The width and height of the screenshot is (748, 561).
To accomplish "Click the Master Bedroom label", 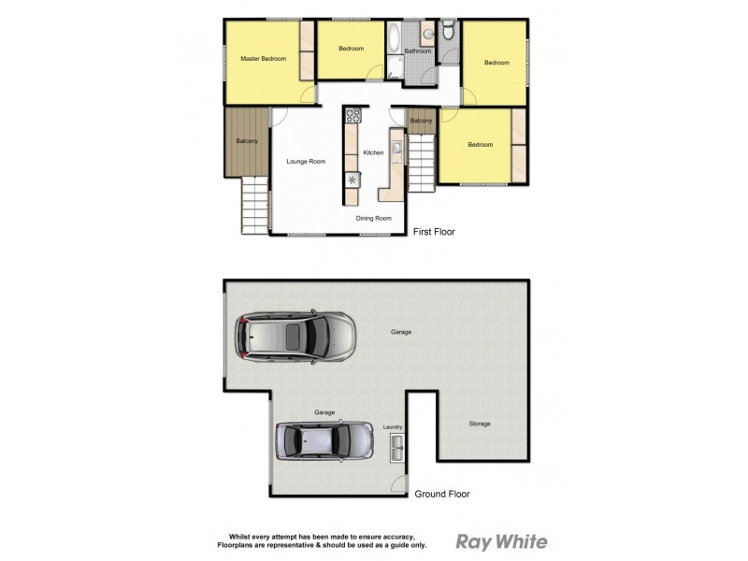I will [263, 59].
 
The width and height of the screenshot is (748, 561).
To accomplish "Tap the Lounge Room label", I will [306, 162].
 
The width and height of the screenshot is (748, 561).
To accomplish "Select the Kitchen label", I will [373, 152].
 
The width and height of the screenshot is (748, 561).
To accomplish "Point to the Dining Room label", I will [374, 218].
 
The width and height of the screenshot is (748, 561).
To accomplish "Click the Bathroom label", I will [418, 51].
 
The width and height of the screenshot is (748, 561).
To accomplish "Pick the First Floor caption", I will [434, 231].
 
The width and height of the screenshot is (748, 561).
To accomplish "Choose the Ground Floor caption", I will [442, 494].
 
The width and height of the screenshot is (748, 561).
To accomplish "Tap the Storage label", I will [480, 424].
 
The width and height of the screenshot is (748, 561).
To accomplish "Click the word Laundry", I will [393, 427].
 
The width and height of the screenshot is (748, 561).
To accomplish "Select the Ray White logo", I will [501, 541].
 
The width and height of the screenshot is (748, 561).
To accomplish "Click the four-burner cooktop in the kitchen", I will [353, 117].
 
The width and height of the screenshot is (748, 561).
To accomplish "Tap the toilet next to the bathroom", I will [449, 33].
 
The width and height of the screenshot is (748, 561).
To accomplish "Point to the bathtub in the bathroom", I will [394, 38].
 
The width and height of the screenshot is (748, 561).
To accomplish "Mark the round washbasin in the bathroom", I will [427, 35].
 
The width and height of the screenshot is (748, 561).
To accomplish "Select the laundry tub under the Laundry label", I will [396, 447].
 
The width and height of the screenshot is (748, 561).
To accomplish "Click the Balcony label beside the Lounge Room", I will [247, 141].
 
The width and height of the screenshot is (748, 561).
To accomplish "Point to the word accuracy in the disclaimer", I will [404, 537].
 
